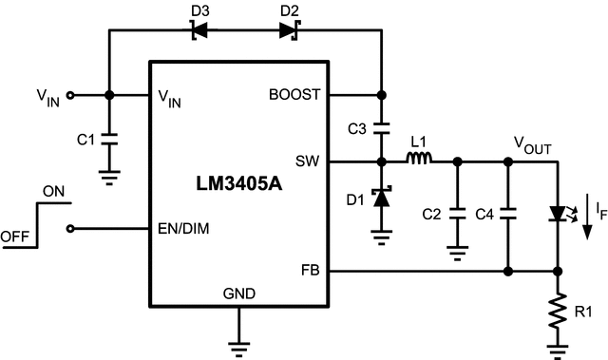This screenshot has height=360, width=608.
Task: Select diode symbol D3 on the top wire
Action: [x=199, y=29]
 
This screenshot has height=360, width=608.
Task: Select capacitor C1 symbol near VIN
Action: [x=109, y=139]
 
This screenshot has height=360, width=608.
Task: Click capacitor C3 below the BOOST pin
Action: [x=382, y=127]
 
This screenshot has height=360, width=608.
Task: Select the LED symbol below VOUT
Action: [x=557, y=216]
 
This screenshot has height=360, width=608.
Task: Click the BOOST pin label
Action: [x=295, y=95]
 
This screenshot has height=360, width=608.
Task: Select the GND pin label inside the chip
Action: [x=238, y=294]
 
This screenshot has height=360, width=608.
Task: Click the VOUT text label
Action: [x=532, y=142]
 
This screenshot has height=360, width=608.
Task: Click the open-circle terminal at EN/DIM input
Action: [x=74, y=228]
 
